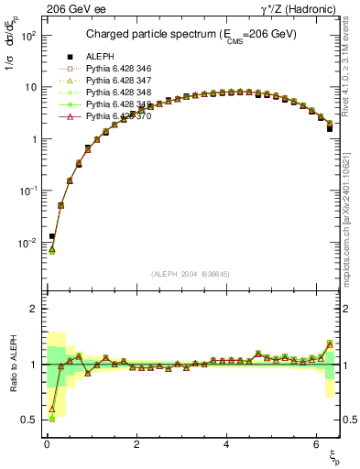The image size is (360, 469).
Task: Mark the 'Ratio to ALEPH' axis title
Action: [x=13, y=364]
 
